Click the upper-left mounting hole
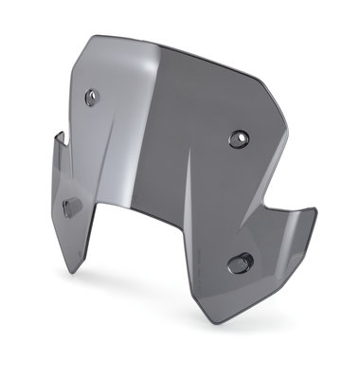[91, 96]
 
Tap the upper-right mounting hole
[236, 139]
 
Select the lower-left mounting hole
[70, 205]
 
